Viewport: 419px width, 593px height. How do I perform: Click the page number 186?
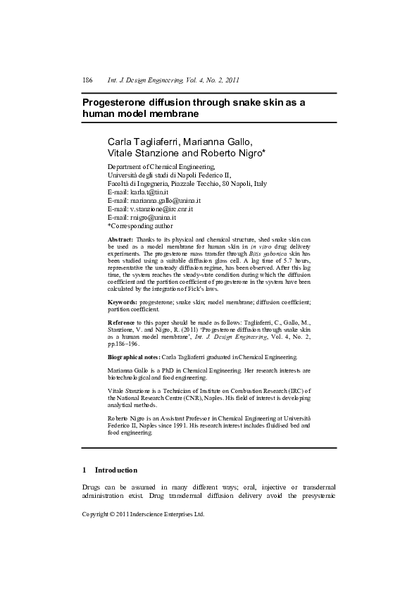[87, 80]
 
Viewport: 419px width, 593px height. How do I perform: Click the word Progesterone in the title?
[116, 102]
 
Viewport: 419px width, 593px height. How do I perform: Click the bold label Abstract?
[120, 240]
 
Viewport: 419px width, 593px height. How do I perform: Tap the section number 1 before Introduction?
[85, 470]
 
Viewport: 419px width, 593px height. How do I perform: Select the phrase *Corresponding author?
[139, 226]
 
